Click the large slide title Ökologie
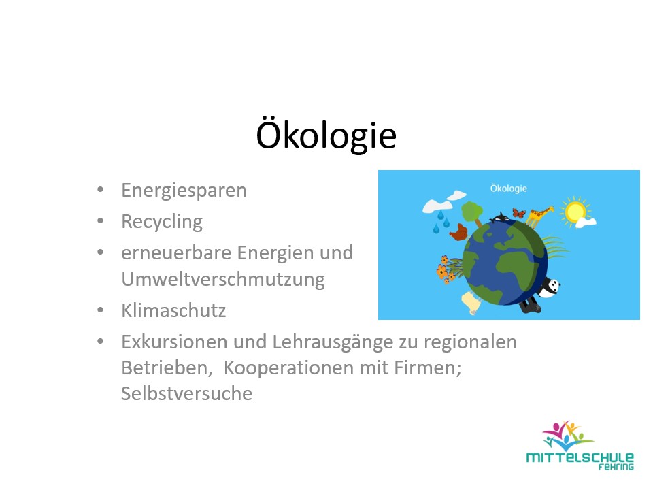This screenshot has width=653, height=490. click(326, 135)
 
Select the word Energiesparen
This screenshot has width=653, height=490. click(184, 190)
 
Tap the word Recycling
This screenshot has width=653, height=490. click(162, 221)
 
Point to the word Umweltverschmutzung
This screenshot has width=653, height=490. click(223, 279)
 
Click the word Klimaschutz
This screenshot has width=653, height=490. click(173, 311)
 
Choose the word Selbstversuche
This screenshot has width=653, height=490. click(186, 393)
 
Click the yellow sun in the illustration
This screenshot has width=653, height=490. click(575, 212)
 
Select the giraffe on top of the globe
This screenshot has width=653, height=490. click(539, 216)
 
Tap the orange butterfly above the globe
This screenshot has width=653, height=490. click(519, 213)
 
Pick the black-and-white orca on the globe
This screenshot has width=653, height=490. click(501, 218)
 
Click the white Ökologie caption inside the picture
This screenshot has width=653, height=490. click(508, 189)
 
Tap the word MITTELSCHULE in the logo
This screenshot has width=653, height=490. click(580, 458)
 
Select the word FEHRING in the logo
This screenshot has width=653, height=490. click(616, 468)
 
